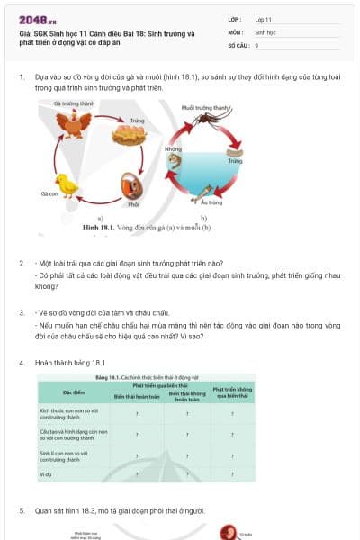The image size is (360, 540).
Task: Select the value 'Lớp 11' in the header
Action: [264, 18]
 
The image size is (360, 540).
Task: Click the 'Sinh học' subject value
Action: [265, 31]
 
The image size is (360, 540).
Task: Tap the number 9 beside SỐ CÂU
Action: [256, 44]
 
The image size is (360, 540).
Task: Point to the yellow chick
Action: [67, 184]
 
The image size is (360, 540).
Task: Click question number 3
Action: [22, 311]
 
